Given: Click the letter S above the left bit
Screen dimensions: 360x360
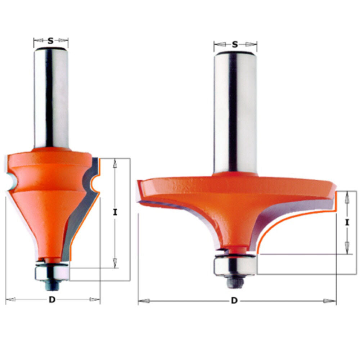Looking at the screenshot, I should [x=50, y=41].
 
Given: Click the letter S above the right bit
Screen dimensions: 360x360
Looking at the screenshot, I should [x=235, y=45].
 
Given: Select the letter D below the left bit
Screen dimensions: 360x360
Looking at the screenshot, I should [x=52, y=300].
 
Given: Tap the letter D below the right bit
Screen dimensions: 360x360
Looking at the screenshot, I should [x=234, y=301].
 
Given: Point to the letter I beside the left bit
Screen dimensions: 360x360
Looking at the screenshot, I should [x=115, y=212].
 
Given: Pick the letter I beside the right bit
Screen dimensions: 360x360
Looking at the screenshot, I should [x=347, y=222].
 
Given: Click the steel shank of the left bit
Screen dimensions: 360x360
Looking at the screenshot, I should [x=51, y=97].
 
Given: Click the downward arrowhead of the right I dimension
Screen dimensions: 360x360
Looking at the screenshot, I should [x=347, y=248].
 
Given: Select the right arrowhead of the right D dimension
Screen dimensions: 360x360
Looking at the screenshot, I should [x=330, y=301].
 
